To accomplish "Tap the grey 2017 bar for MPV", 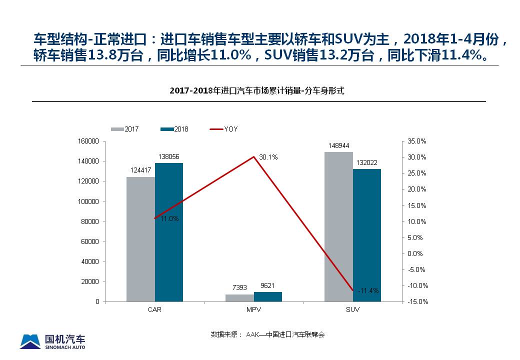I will (x=239, y=298).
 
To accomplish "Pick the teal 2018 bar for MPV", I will (x=268, y=297).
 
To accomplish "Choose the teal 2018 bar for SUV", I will (x=367, y=235).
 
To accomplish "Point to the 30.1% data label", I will (x=268, y=157).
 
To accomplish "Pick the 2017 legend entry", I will (x=125, y=129).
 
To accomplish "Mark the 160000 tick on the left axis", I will (x=89, y=141).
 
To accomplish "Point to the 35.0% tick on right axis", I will (x=417, y=141).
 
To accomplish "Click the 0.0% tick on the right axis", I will (x=415, y=253).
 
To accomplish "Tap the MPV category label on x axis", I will (x=253, y=309).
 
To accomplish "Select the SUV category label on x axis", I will (x=352, y=309).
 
